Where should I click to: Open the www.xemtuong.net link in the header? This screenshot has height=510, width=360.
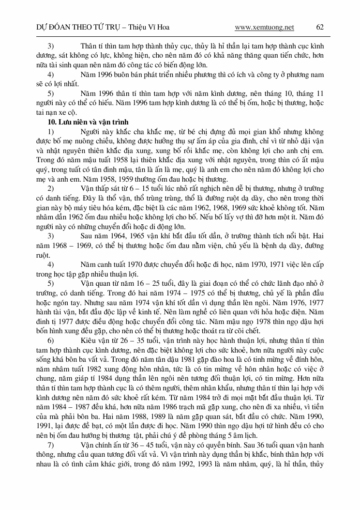[x=264, y=27]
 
